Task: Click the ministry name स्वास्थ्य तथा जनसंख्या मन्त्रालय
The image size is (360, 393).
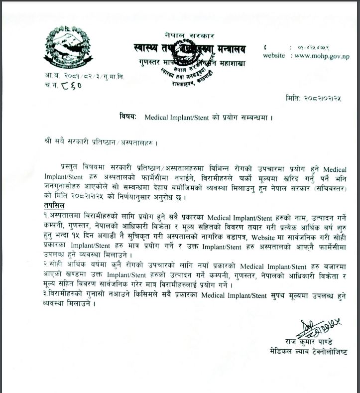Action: click(x=190, y=49)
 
